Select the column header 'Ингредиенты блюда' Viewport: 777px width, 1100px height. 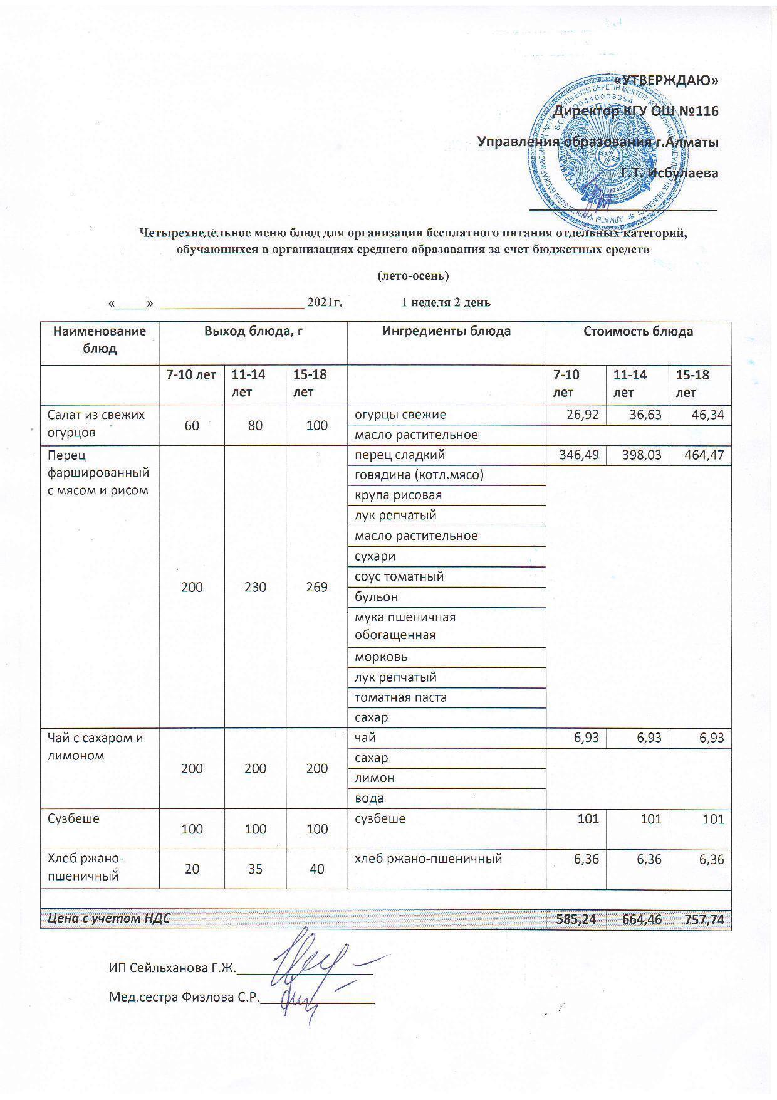click(446, 331)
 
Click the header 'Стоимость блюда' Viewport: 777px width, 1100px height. click(638, 331)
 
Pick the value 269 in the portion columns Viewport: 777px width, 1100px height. click(317, 587)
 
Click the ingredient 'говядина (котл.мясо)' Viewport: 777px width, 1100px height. click(419, 475)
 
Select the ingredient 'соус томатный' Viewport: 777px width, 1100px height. click(399, 576)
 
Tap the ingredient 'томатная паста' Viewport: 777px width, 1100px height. click(400, 697)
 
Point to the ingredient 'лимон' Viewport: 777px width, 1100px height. click(375, 778)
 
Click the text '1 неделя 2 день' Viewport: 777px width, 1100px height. click(446, 302)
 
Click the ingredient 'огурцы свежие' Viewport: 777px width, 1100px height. click(400, 415)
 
